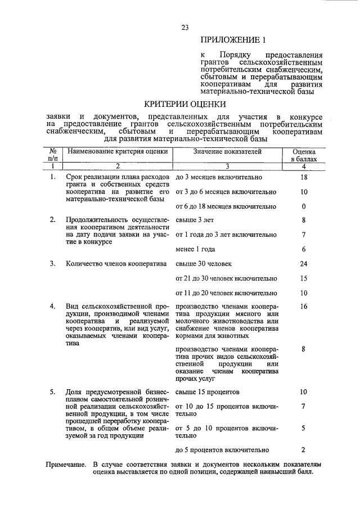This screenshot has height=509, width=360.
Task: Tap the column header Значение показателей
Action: tap(227, 152)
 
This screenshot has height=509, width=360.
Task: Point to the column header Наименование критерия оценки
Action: tap(118, 152)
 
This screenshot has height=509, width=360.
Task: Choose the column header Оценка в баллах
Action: tap(304, 156)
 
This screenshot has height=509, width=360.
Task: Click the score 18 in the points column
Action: tap(304, 177)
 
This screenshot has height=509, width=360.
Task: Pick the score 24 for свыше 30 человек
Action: tap(304, 263)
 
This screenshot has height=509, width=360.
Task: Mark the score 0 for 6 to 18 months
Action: tap(304, 206)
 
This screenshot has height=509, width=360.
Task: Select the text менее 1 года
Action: tap(195, 249)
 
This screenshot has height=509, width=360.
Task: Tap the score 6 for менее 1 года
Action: tap(304, 249)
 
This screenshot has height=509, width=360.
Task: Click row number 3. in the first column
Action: tap(52, 263)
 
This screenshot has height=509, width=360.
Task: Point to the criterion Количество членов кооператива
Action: tap(114, 263)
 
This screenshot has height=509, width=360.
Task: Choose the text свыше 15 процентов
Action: tap(208, 391)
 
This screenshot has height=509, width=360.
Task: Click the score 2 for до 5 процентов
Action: tap(304, 450)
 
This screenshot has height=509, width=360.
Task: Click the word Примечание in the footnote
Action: tap(66, 465)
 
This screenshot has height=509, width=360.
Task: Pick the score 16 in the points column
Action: tap(304, 307)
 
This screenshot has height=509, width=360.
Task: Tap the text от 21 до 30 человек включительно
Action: tap(226, 278)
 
